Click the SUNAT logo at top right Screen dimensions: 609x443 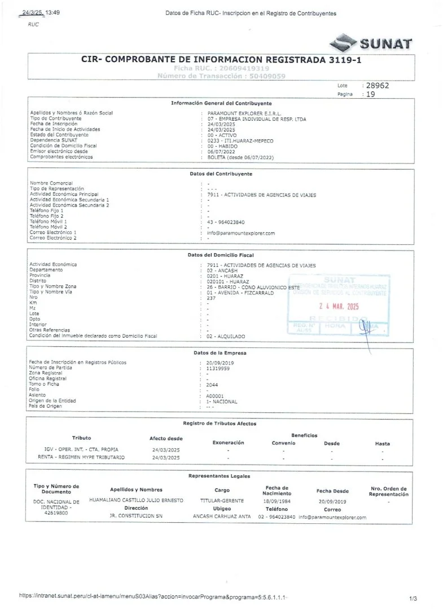point(370,42)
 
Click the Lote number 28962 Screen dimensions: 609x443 point(378,86)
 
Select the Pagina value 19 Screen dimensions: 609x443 point(370,95)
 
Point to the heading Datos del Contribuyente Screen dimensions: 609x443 point(221,174)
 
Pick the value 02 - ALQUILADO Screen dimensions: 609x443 point(226,336)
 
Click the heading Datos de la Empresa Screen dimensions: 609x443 point(221,352)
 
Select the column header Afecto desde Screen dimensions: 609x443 point(166,438)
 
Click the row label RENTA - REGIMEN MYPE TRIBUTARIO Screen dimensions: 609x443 point(81,457)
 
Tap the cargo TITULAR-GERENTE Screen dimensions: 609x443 point(222,501)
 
